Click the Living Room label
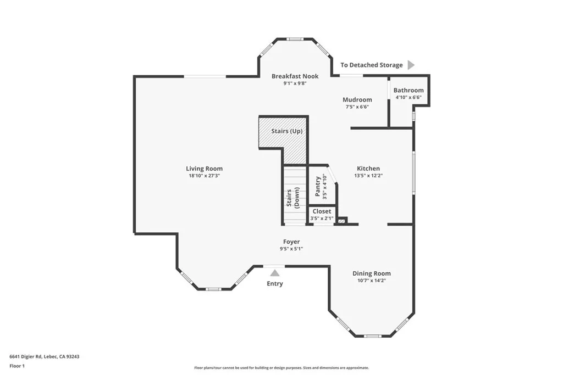pos(204,169)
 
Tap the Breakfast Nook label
pos(295,76)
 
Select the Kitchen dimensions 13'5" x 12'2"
pos(368,176)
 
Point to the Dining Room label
pos(371,273)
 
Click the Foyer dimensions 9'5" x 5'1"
pos(291,249)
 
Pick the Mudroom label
pos(357,99)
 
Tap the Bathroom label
pos(408,90)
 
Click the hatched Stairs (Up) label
pos(286,131)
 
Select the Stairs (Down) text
pos(293,195)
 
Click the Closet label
pos(322,211)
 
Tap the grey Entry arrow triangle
pos(274,272)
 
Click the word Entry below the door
pos(274,283)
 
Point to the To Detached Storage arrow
pos(411,65)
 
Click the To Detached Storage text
pos(371,65)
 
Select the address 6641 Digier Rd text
pos(44,356)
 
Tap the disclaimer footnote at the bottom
pos(281,368)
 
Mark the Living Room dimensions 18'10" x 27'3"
pos(204,176)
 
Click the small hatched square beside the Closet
pos(341,221)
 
